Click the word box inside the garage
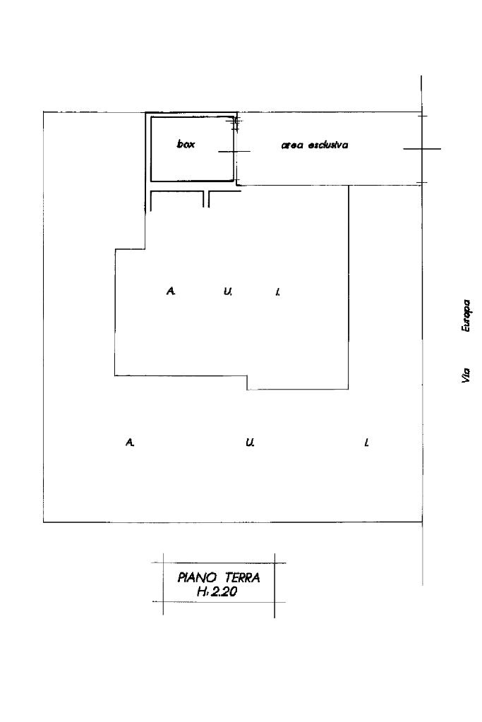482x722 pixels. [x=186, y=144]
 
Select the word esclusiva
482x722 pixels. [x=327, y=145]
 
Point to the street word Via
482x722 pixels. [x=466, y=375]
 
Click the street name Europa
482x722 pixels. [x=466, y=316]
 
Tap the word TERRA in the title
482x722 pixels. [x=243, y=577]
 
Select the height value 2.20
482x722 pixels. [x=223, y=592]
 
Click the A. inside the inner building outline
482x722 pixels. [x=171, y=291]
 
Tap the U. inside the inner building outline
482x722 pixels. [x=227, y=291]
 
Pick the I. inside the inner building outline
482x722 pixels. [x=278, y=291]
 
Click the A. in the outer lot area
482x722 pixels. [x=130, y=443]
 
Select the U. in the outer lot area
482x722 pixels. [x=250, y=443]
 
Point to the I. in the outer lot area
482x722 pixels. [x=366, y=443]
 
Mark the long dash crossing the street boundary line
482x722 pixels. [x=422, y=149]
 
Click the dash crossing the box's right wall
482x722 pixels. [x=234, y=151]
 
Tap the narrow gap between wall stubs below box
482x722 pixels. [x=206, y=199]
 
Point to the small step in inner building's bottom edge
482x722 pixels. [x=247, y=383]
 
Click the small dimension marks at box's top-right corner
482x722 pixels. [x=236, y=124]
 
